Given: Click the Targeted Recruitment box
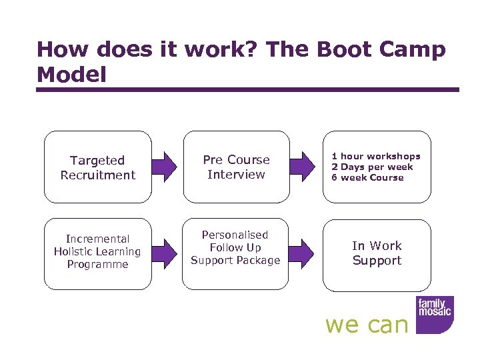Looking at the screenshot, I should click(97, 167).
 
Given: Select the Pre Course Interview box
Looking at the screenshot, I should click(236, 167).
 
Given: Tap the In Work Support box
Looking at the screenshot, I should click(377, 253).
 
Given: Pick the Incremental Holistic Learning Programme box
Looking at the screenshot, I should click(97, 251).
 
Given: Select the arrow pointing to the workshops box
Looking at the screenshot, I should click(306, 167).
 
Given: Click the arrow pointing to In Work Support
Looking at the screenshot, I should click(306, 251).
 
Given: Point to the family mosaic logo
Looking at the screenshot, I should click(434, 314).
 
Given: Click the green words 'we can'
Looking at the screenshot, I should click(366, 325).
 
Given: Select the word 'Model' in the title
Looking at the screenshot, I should click(71, 75).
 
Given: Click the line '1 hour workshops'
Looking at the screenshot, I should click(376, 157).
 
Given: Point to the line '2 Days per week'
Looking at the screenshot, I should click(372, 167).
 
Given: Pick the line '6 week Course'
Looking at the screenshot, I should click(367, 178).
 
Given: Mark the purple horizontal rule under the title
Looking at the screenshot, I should click(248, 90).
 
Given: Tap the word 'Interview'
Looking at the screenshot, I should click(236, 175).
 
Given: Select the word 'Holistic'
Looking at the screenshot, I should click(97, 251).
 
